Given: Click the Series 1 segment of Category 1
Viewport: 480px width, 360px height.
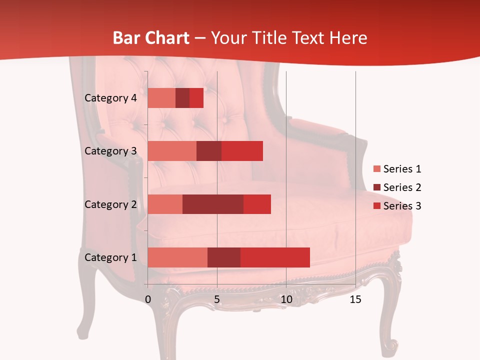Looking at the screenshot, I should (x=177, y=257).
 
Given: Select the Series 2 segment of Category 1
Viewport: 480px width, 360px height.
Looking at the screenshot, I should (x=224, y=257).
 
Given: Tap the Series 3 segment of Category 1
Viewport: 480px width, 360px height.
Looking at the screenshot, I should (x=275, y=257).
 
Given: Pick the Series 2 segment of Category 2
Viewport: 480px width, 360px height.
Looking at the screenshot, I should (x=213, y=204).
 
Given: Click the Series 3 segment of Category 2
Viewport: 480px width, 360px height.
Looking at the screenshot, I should (x=257, y=204).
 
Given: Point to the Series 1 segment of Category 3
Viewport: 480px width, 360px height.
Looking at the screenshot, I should (x=172, y=151).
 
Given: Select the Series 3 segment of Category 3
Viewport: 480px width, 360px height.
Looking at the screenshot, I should (x=242, y=151).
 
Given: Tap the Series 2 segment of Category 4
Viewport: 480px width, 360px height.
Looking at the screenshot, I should (x=182, y=98).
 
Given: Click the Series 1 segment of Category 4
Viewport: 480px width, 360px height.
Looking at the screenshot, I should (x=161, y=98).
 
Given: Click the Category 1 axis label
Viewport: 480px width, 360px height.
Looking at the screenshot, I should (x=110, y=257).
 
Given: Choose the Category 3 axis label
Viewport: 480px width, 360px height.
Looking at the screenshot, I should (x=110, y=151).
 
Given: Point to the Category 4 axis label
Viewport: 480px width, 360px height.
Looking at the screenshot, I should (x=110, y=98).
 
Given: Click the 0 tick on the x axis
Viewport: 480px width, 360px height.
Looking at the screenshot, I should (x=148, y=299).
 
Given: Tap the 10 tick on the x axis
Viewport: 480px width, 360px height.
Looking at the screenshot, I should (x=286, y=299).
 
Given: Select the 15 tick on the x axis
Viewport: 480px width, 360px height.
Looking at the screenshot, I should (x=355, y=299).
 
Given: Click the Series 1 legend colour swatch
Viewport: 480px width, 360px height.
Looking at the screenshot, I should (x=376, y=169).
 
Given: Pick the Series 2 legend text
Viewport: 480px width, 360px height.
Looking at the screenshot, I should (x=402, y=187).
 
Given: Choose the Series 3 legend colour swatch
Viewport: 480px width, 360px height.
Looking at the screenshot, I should (x=376, y=206).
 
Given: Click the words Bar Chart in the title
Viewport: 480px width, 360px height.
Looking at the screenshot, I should (x=151, y=38).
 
